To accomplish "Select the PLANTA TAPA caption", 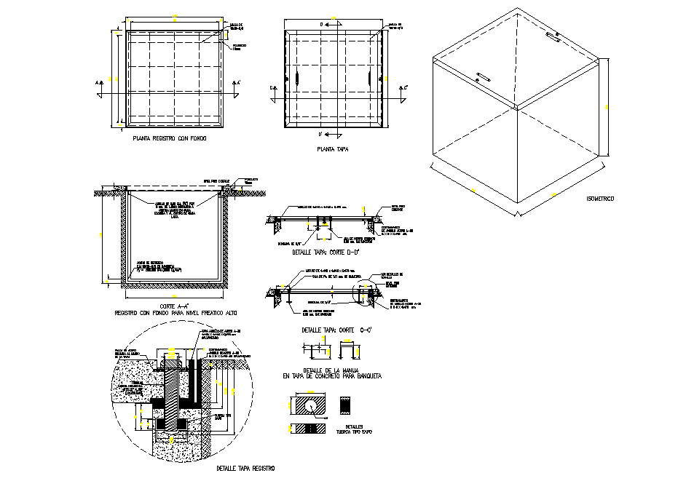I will coord(332,149).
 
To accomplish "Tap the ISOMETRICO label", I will coord(600,198).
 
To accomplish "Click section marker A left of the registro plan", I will coord(97,83).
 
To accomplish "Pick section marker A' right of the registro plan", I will coord(237,83).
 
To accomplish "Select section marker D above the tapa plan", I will coord(321,25).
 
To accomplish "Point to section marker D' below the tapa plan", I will coord(321,135).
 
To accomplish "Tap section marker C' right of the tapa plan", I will coord(405,87).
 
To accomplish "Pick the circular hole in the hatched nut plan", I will coord(310,405).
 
